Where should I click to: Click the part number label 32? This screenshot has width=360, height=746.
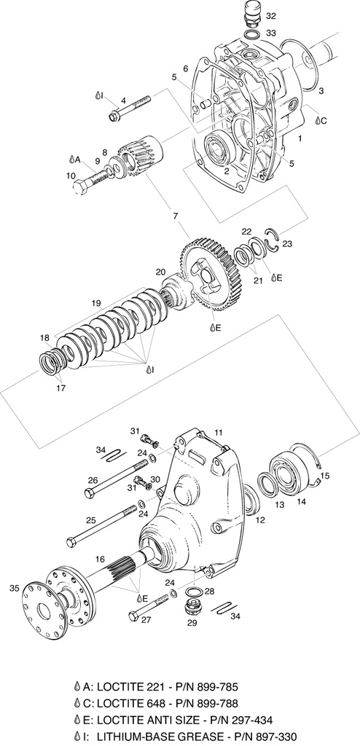(271, 16)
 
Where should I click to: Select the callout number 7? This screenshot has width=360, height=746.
(176, 216)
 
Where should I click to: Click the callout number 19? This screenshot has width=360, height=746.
(97, 302)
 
